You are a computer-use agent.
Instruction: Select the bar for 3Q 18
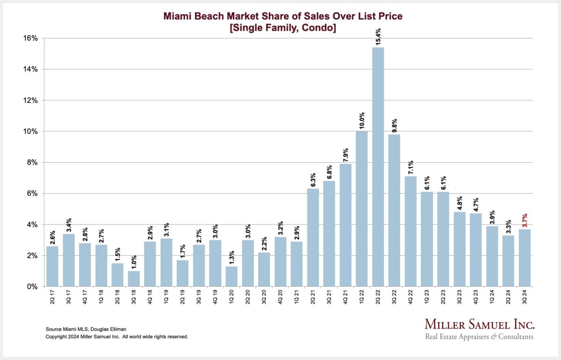134,279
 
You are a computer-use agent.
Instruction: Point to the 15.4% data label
378,36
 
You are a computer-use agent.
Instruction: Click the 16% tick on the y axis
31,38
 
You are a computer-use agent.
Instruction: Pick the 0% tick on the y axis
32,287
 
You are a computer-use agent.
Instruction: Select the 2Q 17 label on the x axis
53,297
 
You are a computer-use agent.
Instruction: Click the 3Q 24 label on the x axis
525,297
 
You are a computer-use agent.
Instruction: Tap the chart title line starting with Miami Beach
282,16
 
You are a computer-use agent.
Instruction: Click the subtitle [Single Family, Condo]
282,28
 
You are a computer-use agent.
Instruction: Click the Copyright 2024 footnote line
116,337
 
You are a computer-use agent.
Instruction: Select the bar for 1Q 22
361,209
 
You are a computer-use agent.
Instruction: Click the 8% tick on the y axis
32,162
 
